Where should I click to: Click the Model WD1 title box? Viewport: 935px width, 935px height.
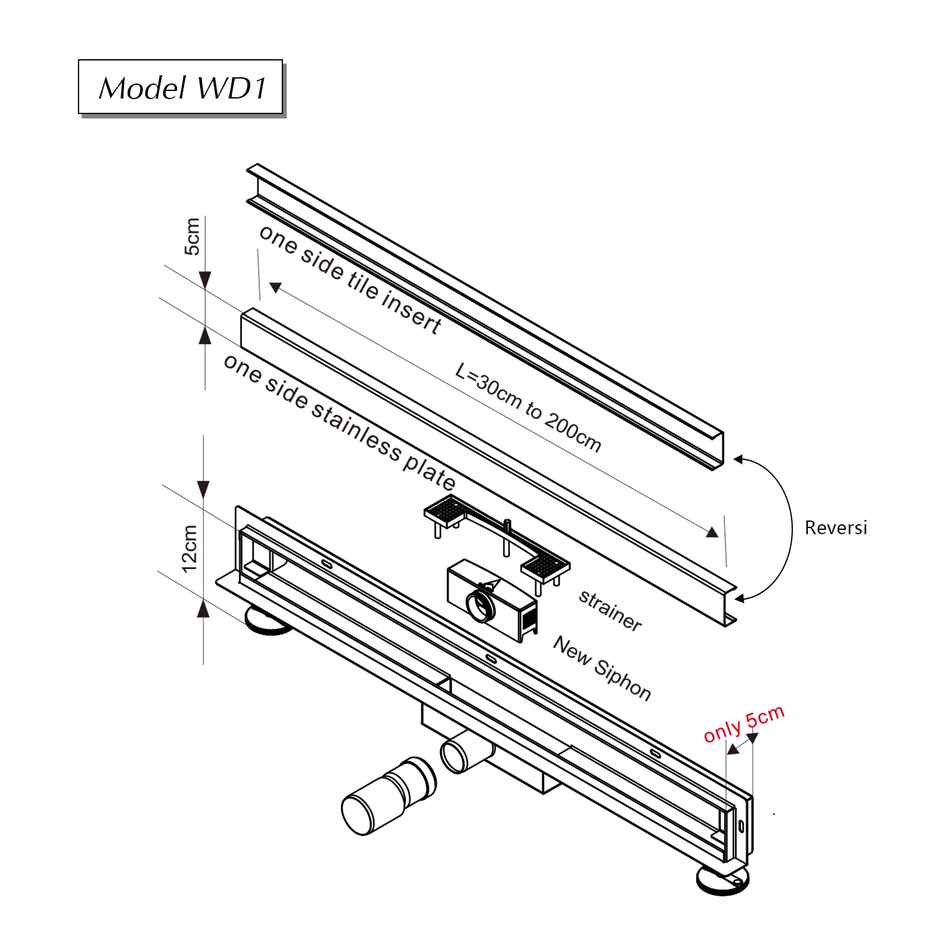pyautogui.click(x=181, y=87)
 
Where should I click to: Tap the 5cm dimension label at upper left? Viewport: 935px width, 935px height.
pyautogui.click(x=192, y=236)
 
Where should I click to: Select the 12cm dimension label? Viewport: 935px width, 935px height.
pyautogui.click(x=189, y=549)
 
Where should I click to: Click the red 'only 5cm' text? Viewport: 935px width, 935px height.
pyautogui.click(x=744, y=724)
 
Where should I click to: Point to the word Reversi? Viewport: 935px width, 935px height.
pyautogui.click(x=835, y=528)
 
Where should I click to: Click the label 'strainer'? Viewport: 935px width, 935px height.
pyautogui.click(x=610, y=610)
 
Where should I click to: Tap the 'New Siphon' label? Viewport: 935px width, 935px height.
pyautogui.click(x=602, y=668)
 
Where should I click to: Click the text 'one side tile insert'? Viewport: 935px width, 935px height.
pyautogui.click(x=350, y=279)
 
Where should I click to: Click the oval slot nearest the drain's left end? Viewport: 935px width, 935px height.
pyautogui.click(x=327, y=564)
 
